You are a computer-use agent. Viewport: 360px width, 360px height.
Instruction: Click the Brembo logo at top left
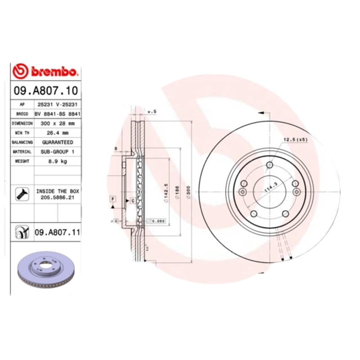46,72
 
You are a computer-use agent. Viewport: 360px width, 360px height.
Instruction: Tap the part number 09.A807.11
57,232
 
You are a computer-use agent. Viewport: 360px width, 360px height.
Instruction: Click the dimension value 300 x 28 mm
58,123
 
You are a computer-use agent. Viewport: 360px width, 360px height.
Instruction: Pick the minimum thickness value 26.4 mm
58,133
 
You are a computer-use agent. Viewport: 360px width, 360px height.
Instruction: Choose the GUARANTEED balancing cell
58,142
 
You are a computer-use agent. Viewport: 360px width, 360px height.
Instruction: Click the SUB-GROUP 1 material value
58,152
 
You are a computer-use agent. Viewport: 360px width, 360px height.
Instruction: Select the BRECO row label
22,113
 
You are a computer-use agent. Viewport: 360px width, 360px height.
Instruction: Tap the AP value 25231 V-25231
58,104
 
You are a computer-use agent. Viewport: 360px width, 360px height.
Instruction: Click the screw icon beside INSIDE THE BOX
22,193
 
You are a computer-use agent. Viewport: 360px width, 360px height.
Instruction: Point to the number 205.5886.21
58,197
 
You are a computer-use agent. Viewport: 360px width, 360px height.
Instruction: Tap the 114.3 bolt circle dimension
271,184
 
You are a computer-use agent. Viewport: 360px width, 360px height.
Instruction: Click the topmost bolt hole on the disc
269,165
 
